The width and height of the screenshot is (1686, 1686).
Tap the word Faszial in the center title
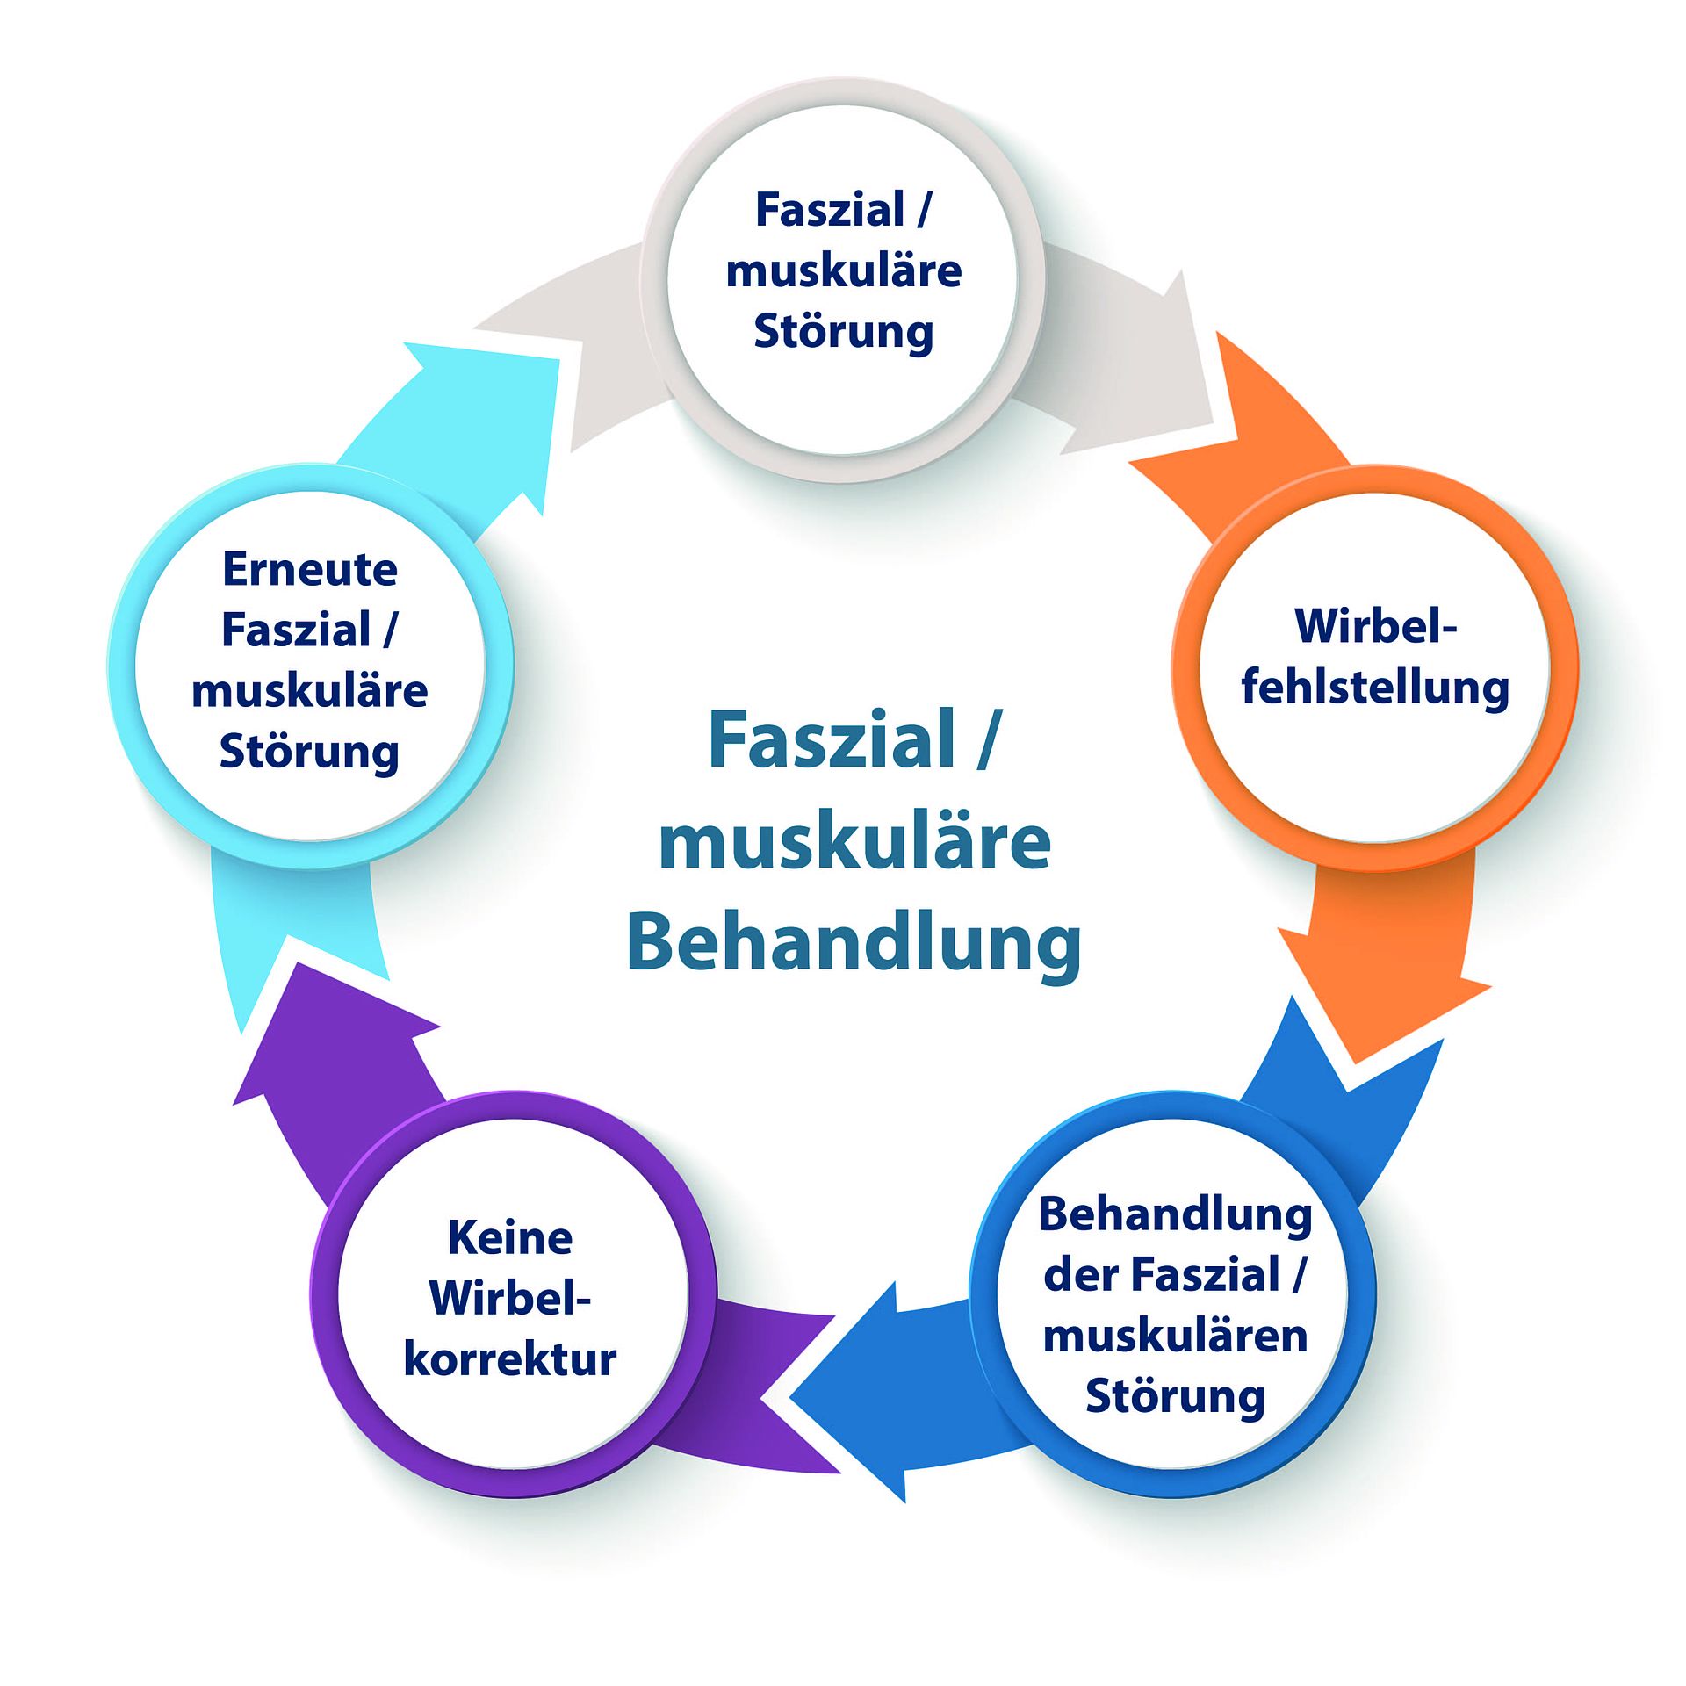pos(831,739)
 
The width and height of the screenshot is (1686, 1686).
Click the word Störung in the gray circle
pos(843,333)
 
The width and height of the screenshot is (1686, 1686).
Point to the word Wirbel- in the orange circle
pos(1375,626)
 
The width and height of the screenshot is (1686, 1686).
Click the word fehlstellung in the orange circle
pos(1375,688)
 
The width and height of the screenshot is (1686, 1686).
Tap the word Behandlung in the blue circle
pos(1175,1217)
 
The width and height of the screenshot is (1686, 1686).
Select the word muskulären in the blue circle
pos(1175,1336)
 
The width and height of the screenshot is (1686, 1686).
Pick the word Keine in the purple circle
pos(509,1238)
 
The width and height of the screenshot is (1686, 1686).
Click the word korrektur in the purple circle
pos(509,1359)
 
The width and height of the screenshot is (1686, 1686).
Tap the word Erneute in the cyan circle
pos(310,569)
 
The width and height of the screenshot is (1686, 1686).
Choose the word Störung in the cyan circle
pos(309,753)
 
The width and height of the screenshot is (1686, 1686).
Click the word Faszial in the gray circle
pos(830,210)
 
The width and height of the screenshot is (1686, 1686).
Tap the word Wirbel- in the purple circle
pos(509,1298)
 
